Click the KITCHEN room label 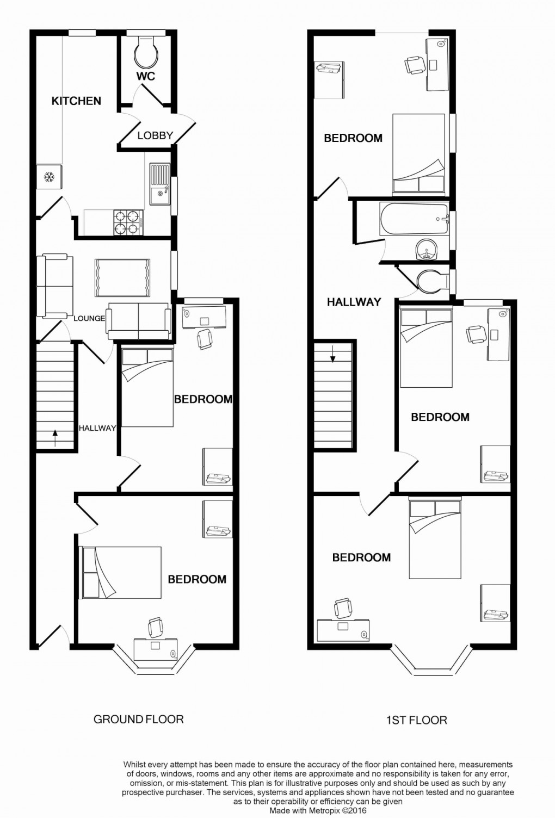(76, 101)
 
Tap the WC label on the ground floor (145, 76)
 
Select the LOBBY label (155, 135)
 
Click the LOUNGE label (89, 318)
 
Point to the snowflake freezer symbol (49, 177)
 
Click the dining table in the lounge (122, 277)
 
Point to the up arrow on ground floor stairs (55, 433)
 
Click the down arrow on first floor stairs (332, 357)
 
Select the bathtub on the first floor (414, 219)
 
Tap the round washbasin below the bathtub (427, 251)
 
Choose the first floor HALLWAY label (354, 302)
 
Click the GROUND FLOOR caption (138, 719)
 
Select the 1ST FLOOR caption (416, 720)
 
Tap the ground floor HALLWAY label (97, 428)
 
